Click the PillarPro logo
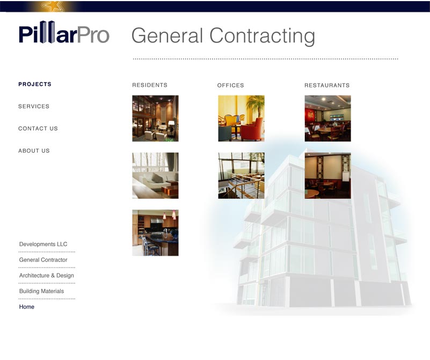64,32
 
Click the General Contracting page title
223,36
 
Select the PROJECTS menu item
35,84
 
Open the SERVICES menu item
34,106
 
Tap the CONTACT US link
38,128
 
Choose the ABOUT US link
34,150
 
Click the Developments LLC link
43,244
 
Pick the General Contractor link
43,260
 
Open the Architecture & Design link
46,276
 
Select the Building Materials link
41,291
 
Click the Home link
27,307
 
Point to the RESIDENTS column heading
150,85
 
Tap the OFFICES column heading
231,85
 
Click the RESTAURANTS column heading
327,85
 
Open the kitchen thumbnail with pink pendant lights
155,233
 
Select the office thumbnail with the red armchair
242,118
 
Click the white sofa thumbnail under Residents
155,176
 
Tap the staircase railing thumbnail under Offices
242,176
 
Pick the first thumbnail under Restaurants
327,118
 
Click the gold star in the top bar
53,6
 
